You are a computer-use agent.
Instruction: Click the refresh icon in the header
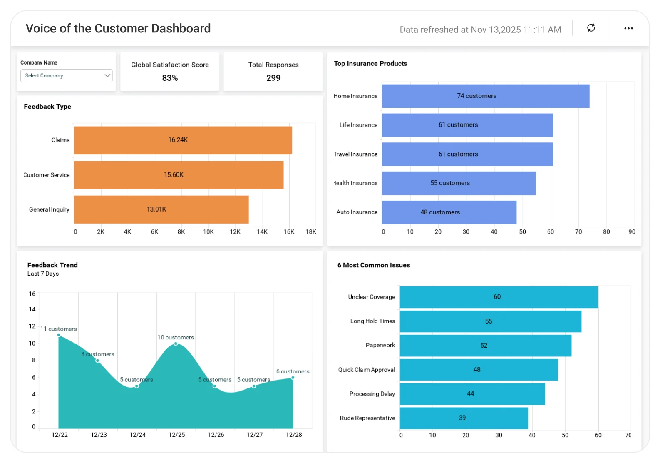591,28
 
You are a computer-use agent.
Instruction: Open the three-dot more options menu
628,28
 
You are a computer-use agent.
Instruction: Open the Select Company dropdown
66,75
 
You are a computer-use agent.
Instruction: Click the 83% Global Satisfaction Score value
170,78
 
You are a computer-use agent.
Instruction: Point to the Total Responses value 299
273,78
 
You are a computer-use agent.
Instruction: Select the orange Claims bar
183,140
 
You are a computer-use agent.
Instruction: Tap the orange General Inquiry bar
161,209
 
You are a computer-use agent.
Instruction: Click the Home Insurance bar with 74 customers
486,96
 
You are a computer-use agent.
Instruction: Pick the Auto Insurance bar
449,212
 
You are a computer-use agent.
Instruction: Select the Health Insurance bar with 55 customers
459,183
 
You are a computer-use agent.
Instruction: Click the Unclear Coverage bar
499,297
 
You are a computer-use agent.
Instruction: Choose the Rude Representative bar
464,418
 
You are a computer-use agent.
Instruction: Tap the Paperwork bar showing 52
486,346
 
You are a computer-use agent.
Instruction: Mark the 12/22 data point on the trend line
59,335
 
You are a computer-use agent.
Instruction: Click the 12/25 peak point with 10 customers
176,344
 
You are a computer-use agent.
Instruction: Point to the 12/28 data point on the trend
293,378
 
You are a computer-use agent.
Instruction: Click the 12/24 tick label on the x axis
138,435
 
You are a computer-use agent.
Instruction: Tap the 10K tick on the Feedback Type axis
208,232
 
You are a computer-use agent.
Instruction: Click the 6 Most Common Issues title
374,265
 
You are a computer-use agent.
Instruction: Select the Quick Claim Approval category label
367,370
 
